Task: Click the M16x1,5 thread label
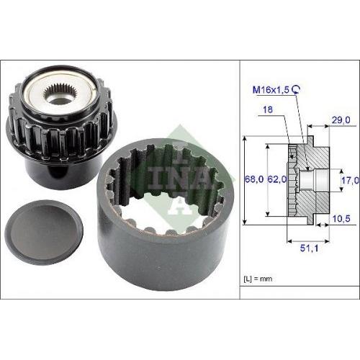271,90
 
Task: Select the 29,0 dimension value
341,120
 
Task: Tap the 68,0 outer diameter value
254,179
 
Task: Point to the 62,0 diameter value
277,179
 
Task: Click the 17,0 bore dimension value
351,180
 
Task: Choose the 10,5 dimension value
341,219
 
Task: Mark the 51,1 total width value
309,248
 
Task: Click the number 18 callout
268,109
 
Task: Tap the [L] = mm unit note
258,279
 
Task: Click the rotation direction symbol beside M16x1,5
296,89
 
